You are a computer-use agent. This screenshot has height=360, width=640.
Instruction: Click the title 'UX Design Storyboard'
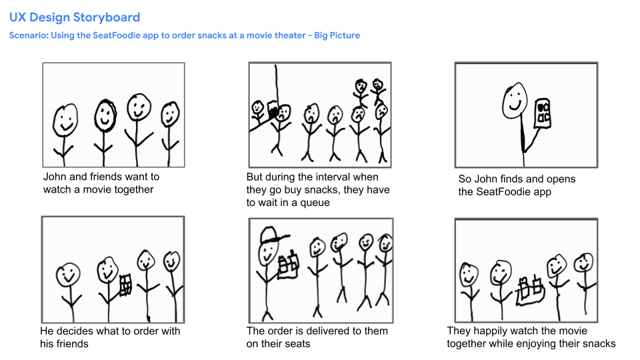[x=75, y=17]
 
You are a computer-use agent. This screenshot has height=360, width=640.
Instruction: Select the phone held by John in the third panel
[x=543, y=112]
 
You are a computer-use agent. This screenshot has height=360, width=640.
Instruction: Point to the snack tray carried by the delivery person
[x=288, y=264]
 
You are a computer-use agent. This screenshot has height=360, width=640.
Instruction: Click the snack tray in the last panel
[x=531, y=289]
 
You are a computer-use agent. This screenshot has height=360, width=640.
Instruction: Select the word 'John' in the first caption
[x=55, y=177]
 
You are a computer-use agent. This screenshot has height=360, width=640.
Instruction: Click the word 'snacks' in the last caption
[x=599, y=344]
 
